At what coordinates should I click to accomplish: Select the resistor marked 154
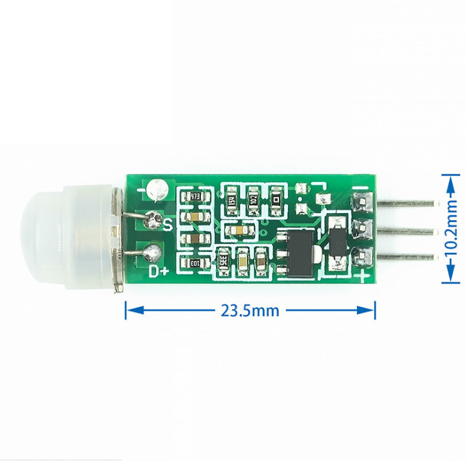[x=233, y=198]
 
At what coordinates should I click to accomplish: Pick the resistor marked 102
[x=253, y=198]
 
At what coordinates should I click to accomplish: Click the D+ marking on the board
[x=158, y=272]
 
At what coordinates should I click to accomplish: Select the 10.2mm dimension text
[x=451, y=230]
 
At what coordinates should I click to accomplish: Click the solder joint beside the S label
[x=153, y=220]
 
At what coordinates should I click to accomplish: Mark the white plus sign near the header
[x=363, y=276]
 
